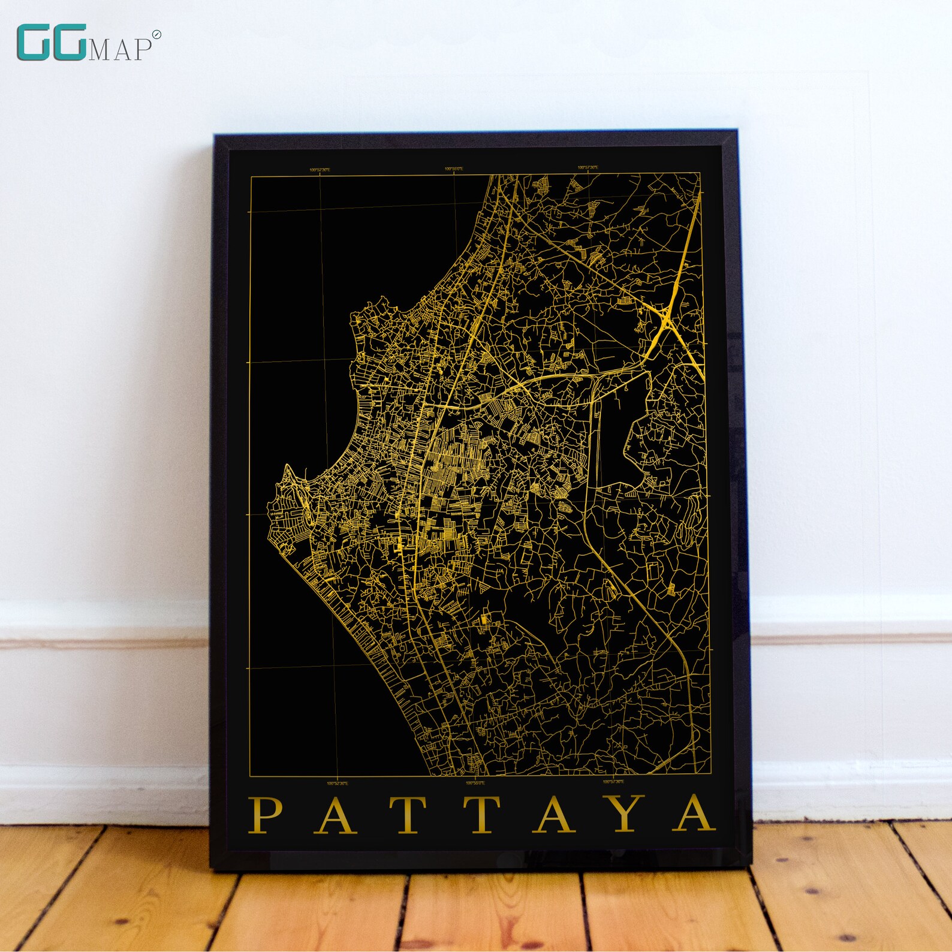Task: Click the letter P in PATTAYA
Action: (x=266, y=815)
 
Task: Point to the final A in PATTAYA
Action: (x=694, y=815)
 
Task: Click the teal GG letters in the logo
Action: (x=51, y=43)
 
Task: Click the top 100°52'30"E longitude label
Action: (x=320, y=170)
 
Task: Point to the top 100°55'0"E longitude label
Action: (x=454, y=169)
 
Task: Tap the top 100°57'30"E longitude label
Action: (x=588, y=168)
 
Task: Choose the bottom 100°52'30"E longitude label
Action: (x=338, y=782)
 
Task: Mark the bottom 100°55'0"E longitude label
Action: (x=475, y=782)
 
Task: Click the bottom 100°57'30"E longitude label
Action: (x=613, y=782)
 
